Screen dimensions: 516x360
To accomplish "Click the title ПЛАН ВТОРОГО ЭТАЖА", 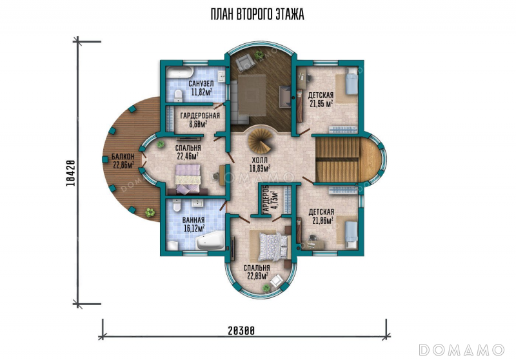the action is click(257, 14).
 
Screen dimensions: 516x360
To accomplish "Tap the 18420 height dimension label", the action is click(71, 173).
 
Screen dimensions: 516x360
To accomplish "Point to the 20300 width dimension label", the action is click(241, 330).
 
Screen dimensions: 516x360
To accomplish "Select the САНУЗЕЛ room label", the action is click(201, 84).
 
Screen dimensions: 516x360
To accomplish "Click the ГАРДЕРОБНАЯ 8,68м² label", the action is click(200, 120).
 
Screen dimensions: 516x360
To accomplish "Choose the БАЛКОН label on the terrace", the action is click(123, 156).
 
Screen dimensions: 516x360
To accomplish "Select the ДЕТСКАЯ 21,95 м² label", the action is click(321, 100).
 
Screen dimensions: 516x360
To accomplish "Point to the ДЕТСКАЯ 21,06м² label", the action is click(321, 216).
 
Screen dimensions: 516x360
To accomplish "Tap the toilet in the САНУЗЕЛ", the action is click(178, 95).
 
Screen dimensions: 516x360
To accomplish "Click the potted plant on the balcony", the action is click(150, 212).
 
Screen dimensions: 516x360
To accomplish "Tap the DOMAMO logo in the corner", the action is click(461, 350).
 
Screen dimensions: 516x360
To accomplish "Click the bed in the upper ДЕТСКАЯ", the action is click(351, 81).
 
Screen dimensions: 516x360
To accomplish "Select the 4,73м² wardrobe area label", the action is click(270, 199).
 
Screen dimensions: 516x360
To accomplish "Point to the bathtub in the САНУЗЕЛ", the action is click(180, 72).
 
